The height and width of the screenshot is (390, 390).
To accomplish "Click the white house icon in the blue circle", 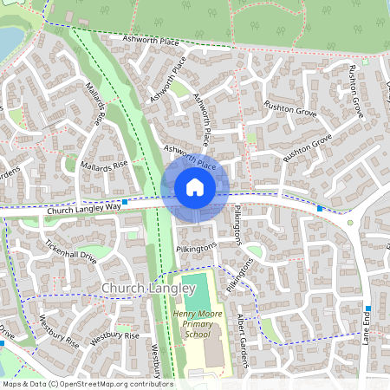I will (x=195, y=186).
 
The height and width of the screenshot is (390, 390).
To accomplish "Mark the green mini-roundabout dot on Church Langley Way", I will (x=351, y=223).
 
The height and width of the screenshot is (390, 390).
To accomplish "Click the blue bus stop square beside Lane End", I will (x=368, y=309).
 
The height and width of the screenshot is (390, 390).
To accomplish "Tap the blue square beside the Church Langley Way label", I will (x=126, y=202).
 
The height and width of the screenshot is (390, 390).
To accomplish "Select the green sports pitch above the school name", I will (x=198, y=289).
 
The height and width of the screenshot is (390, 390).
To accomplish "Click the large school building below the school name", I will (x=211, y=352).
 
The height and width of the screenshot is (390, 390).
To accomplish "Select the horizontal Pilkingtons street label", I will (x=197, y=248).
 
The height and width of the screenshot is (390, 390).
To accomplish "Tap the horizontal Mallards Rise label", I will (x=103, y=164).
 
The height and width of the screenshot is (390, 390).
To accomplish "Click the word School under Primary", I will (x=198, y=334).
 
